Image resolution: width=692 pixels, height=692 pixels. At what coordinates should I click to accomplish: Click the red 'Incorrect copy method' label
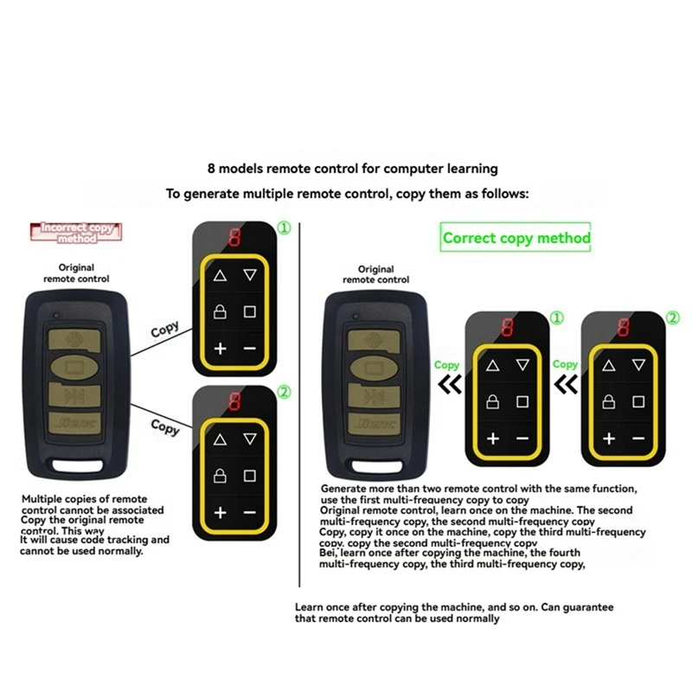coord(77,233)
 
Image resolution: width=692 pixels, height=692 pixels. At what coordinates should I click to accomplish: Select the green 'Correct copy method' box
coord(516,238)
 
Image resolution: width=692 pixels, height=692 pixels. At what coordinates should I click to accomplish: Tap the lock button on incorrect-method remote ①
coord(220,311)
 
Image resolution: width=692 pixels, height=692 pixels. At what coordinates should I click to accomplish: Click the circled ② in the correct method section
coord(673,317)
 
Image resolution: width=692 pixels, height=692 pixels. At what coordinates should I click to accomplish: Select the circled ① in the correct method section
coord(557,318)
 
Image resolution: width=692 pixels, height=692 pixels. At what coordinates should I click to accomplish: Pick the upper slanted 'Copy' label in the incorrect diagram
coord(165,330)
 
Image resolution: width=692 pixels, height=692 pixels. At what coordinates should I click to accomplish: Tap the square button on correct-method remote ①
coord(522,402)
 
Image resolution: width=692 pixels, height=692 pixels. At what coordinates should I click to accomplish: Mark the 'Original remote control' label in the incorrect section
coord(77,273)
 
